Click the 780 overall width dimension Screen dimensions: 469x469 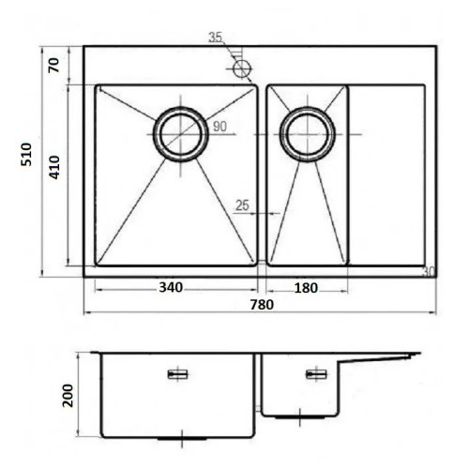pos(262,305)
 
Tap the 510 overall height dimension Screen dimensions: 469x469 pos(26,155)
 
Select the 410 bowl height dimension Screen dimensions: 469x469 pos(54,167)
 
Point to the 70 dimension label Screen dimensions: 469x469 pos(53,66)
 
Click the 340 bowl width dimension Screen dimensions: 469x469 pos(171,287)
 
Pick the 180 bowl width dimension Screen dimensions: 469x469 pos(306,288)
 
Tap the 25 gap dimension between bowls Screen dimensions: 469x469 pos(242,205)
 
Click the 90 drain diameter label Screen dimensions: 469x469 pos(219,127)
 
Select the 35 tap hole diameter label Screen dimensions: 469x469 pos(216,38)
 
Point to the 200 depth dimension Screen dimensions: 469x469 pos(68,396)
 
